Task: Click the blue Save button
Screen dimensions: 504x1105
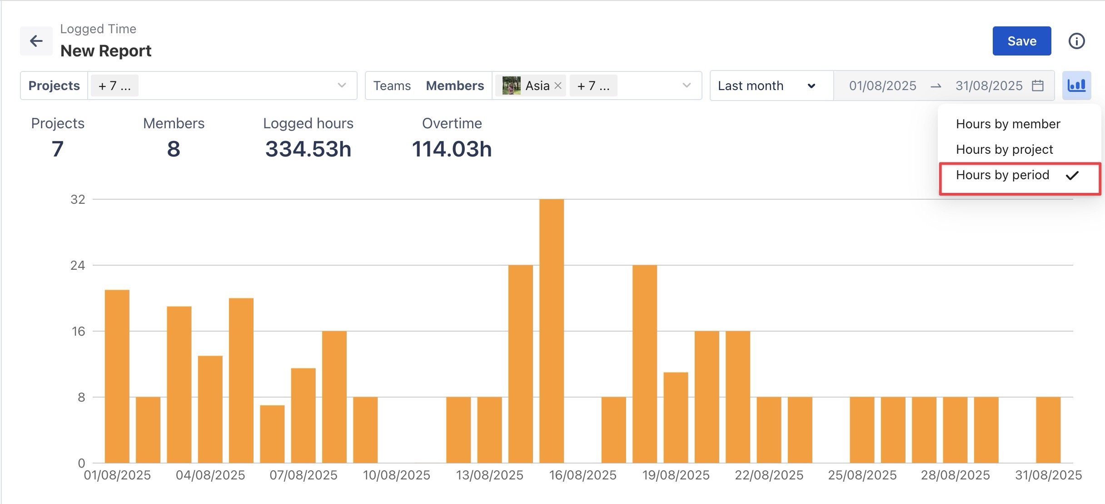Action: click(x=1021, y=41)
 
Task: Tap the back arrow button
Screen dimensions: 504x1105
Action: click(x=36, y=41)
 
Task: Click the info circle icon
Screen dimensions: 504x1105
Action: click(x=1076, y=41)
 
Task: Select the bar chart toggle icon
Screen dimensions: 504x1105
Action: click(x=1076, y=86)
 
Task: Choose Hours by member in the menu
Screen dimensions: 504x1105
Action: click(x=1008, y=124)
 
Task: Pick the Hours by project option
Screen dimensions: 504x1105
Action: click(x=1004, y=149)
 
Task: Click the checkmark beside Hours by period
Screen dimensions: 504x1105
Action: click(x=1072, y=175)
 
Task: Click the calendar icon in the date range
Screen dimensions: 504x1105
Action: click(x=1038, y=86)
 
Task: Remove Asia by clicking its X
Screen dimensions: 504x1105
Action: click(x=558, y=86)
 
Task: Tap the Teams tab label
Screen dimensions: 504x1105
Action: click(x=392, y=86)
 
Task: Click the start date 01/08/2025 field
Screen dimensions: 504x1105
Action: click(x=882, y=86)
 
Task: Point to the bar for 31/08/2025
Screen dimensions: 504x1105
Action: click(x=1048, y=430)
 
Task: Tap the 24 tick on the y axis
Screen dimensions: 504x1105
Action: click(x=78, y=265)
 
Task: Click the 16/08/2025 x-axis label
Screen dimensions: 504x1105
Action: click(x=582, y=475)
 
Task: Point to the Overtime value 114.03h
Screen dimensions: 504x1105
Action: click(x=452, y=149)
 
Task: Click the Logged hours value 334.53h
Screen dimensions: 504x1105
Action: click(x=308, y=149)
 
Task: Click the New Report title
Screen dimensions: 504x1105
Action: click(x=106, y=51)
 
